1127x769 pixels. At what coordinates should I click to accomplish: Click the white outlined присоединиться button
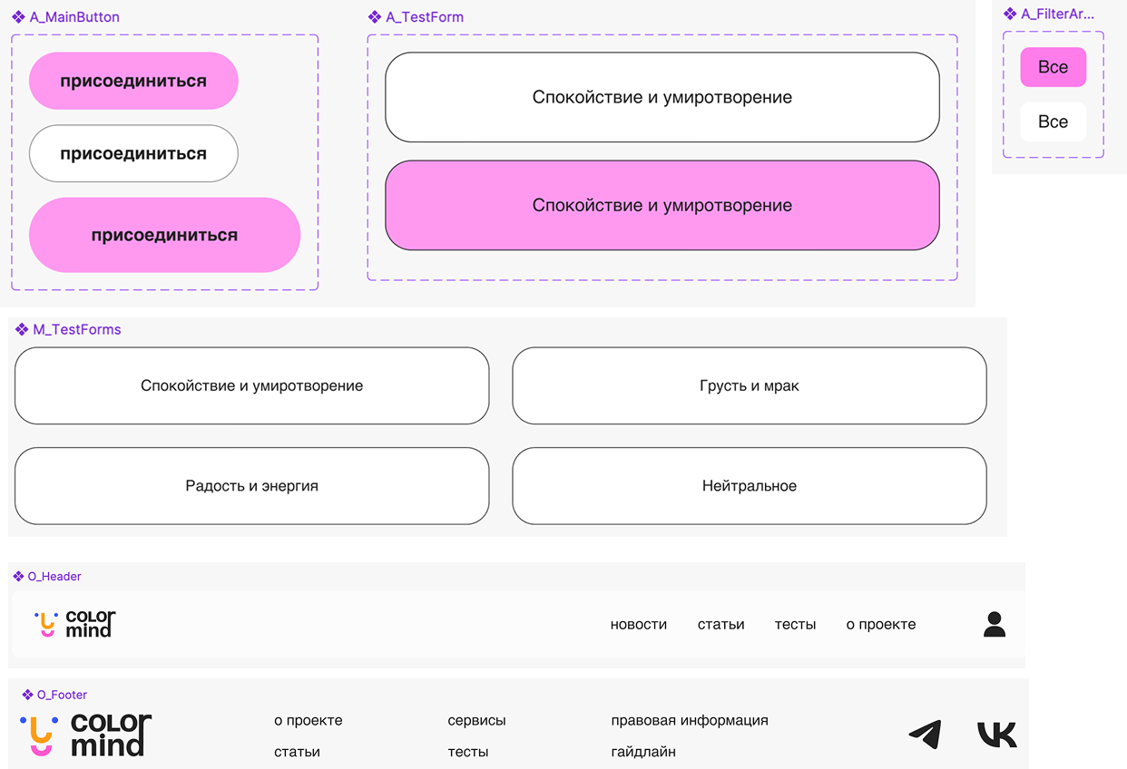(133, 154)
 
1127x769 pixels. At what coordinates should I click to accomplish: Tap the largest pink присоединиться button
(164, 235)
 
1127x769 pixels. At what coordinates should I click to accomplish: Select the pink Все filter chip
(1053, 67)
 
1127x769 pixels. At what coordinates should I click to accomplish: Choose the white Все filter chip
(1053, 122)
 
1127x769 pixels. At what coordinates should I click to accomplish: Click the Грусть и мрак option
(749, 385)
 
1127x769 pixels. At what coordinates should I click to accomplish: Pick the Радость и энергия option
(251, 485)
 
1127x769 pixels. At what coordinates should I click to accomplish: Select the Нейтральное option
(749, 485)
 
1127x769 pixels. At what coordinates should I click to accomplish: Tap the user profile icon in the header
(995, 624)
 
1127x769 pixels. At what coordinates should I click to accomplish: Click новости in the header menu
(638, 624)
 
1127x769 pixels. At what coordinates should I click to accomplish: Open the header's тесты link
(795, 624)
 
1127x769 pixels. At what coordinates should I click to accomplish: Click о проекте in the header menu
(880, 624)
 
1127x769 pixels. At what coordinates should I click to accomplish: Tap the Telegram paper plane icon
(925, 734)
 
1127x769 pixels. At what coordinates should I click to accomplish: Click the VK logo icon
(996, 734)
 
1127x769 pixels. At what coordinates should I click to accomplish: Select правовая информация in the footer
(690, 720)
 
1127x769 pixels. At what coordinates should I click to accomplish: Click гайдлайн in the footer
(642, 752)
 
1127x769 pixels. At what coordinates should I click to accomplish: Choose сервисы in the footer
(476, 720)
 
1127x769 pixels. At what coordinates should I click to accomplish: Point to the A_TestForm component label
(424, 17)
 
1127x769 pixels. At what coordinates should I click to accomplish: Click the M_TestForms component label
(76, 329)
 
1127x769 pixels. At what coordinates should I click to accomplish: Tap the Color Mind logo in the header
(75, 624)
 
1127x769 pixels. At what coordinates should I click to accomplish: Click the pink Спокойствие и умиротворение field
(661, 205)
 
